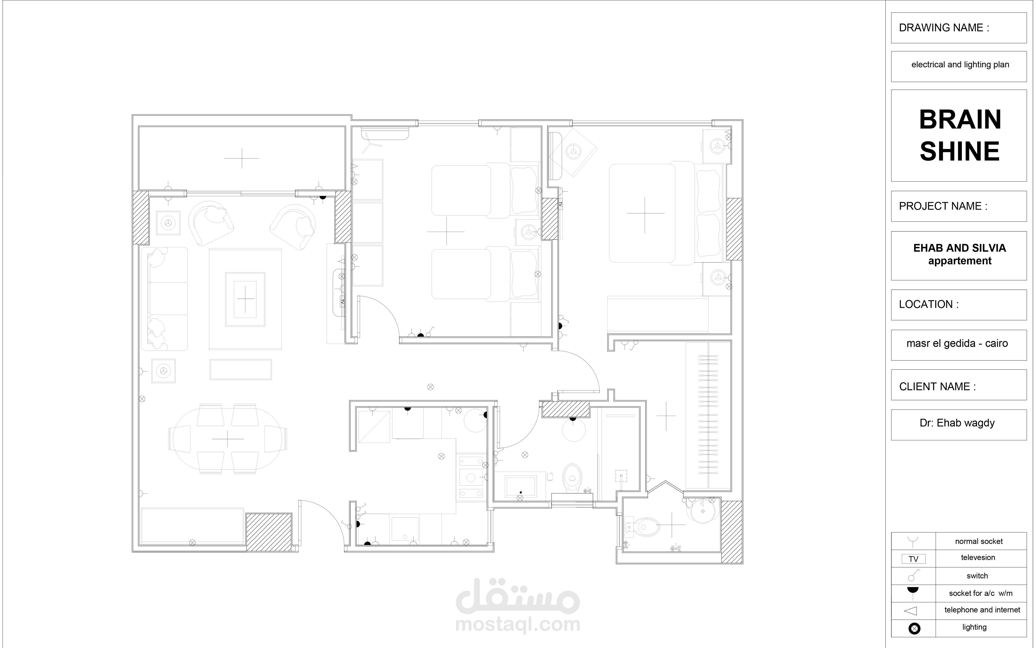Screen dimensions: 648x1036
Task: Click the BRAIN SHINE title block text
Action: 959,135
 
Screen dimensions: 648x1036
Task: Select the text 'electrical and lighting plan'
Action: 960,65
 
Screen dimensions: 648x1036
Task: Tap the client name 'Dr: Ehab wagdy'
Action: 957,423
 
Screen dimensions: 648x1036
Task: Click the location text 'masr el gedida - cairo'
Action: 957,343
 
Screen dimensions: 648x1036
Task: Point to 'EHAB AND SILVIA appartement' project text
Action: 959,254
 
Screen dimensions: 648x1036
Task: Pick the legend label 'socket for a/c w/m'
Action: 980,593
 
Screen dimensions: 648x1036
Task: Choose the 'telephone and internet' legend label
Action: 982,610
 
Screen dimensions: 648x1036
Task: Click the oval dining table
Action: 227,439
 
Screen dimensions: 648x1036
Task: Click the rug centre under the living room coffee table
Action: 245,299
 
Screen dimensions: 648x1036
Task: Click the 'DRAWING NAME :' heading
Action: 944,28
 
